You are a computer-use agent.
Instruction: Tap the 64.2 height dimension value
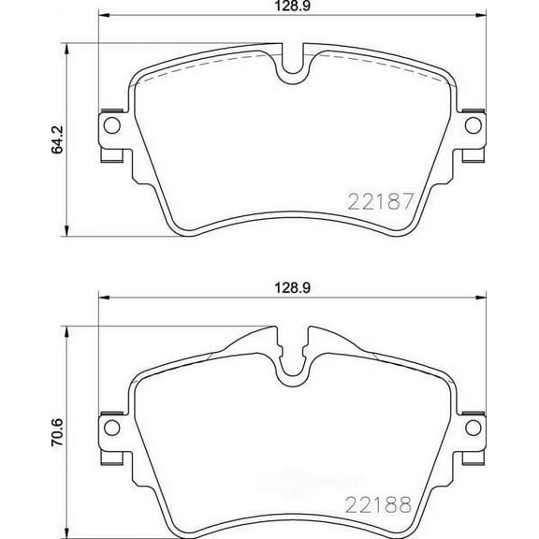56,138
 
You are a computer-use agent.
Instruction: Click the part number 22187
380,200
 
